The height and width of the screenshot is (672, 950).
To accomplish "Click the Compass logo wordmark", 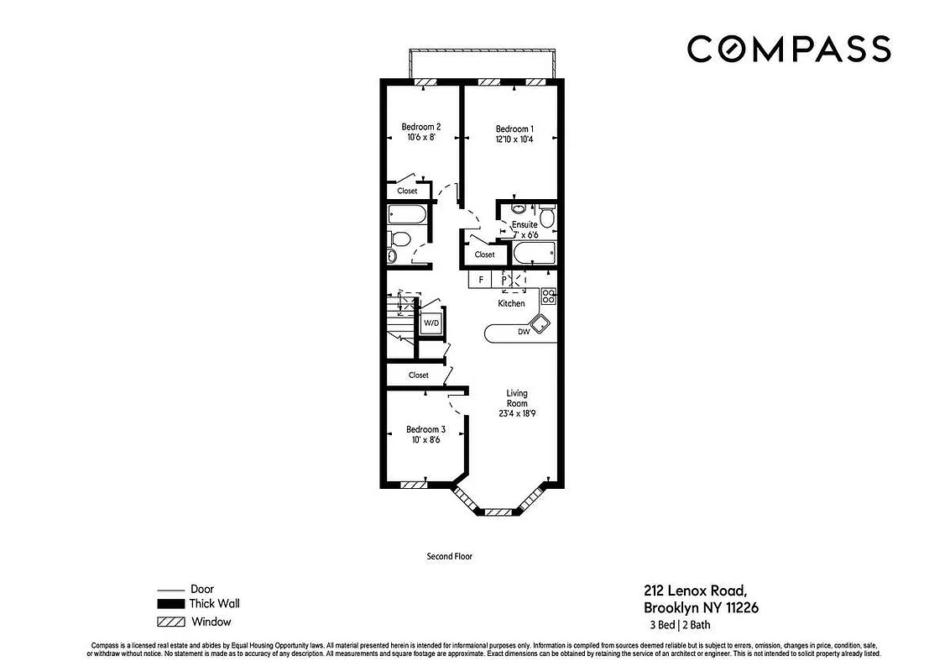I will [x=788, y=49].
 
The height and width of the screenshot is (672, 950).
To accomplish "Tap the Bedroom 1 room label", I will [x=514, y=129].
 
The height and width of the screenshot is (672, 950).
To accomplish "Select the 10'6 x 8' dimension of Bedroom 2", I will [x=421, y=138].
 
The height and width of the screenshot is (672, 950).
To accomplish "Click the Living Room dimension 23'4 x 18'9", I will [x=516, y=412].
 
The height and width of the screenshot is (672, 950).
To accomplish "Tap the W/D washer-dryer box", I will [x=431, y=323].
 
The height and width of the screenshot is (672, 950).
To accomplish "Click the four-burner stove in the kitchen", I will [x=548, y=296].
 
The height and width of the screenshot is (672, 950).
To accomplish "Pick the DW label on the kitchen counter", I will [x=523, y=332].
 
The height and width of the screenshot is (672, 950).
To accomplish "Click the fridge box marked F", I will [x=481, y=279].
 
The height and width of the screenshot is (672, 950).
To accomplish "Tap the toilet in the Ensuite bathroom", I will [x=546, y=218].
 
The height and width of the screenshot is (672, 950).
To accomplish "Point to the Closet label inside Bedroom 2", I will [x=407, y=191].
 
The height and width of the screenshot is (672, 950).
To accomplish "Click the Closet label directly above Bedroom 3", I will [x=418, y=375].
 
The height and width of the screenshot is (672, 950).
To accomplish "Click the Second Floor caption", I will [x=451, y=556].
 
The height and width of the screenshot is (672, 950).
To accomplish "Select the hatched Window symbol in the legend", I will [x=170, y=622].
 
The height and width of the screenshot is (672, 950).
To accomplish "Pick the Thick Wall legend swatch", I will [x=170, y=604].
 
